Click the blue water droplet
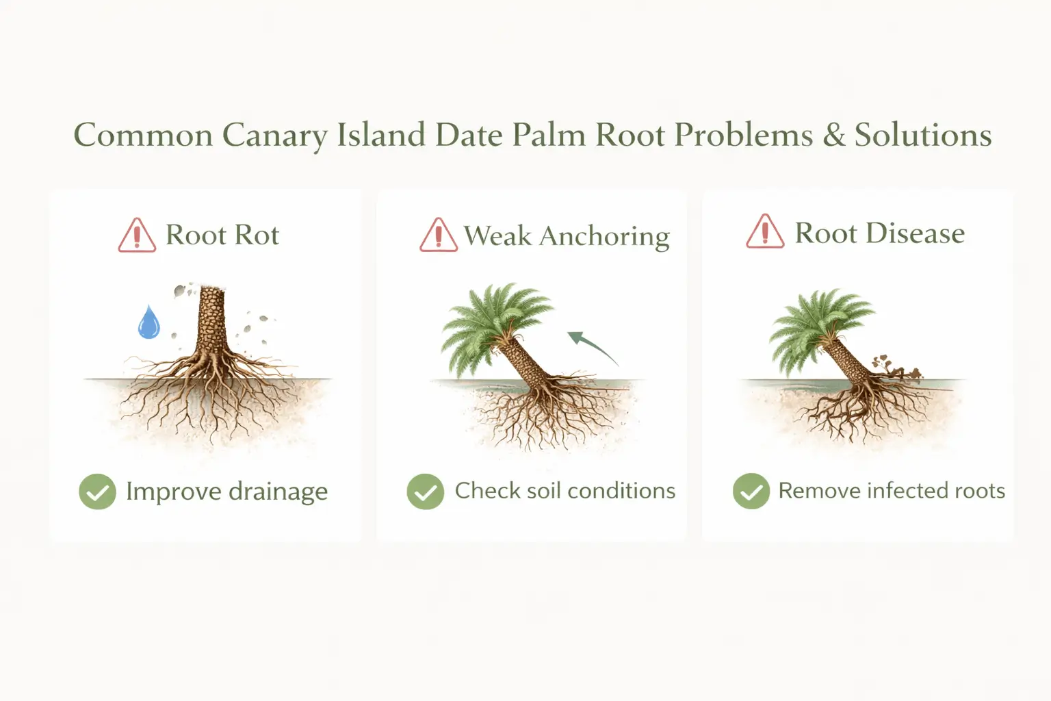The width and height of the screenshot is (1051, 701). point(148,324)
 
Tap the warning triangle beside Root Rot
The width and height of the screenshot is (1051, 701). point(137,236)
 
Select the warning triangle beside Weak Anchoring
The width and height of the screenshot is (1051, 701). point(438,236)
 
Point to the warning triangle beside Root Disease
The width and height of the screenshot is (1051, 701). point(764,233)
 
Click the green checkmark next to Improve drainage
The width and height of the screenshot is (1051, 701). point(97,492)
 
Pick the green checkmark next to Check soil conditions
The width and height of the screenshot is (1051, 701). point(425,492)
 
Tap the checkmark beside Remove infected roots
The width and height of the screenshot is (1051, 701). point(751,492)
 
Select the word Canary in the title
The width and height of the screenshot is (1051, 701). point(274,135)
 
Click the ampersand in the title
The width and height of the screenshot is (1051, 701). point(833,135)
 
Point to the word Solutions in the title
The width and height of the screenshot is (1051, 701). point(923,135)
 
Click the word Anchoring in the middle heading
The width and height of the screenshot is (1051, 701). point(604,236)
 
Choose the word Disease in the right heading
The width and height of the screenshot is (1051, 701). point(915,233)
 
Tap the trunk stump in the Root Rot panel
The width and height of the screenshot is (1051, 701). point(210,322)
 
